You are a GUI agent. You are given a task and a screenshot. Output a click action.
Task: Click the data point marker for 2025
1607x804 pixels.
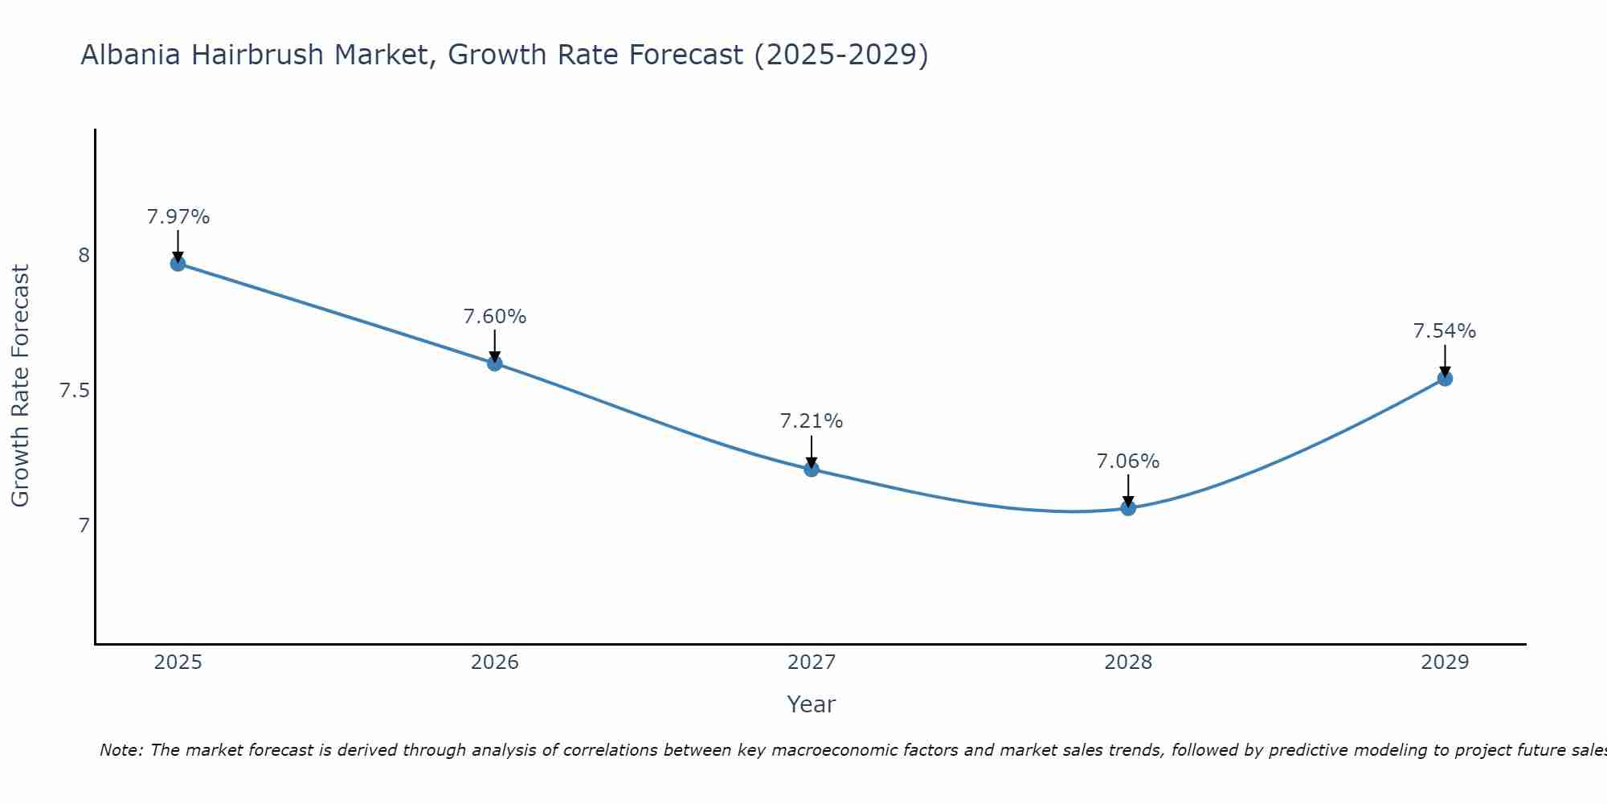coord(178,263)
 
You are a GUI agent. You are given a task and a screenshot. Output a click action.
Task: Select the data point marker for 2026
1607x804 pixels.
coord(494,363)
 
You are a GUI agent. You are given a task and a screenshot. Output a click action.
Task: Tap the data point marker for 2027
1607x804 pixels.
coord(812,469)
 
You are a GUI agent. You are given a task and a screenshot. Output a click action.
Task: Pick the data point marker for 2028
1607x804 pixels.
coord(1128,507)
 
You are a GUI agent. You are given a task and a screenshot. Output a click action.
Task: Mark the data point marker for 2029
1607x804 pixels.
coord(1445,378)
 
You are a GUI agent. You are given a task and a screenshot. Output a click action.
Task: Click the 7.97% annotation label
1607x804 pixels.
coord(178,217)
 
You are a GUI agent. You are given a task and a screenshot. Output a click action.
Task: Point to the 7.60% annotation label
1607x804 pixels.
coord(494,317)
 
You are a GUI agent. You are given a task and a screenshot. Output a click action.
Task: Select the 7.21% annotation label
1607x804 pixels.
coord(812,421)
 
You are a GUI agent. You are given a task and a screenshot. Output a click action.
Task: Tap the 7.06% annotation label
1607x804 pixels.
coord(1128,461)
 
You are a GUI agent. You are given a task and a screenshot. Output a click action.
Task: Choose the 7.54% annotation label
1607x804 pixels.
coord(1445,331)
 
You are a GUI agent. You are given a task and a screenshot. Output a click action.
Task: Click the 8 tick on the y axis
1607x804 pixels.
coord(84,256)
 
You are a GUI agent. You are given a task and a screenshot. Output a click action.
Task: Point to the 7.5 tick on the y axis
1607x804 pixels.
coord(74,391)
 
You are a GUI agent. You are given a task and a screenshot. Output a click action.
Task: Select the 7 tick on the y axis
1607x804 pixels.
coord(84,526)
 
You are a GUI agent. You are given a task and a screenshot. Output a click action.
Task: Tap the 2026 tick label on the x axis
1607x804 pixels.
coord(494,662)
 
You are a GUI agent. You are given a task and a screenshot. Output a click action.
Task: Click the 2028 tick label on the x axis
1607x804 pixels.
coord(1128,662)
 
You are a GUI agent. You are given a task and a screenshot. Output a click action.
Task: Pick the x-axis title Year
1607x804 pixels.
coord(812,704)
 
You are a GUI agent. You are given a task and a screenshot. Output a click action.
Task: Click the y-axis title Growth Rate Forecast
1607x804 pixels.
coord(20,386)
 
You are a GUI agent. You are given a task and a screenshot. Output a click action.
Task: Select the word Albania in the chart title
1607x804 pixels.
coord(131,55)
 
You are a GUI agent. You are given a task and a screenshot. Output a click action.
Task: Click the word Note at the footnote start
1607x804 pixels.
coord(121,750)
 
